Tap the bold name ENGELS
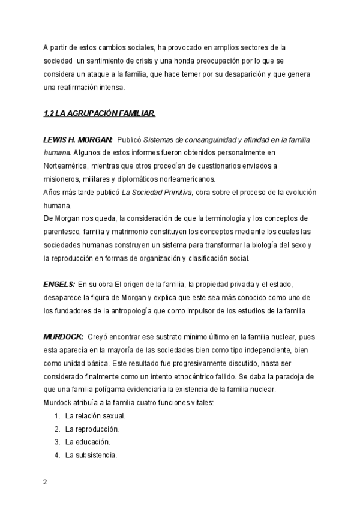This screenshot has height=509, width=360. pyautogui.click(x=59, y=284)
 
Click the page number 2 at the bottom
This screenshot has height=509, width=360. pyautogui.click(x=45, y=482)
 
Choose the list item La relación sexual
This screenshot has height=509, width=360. pyautogui.click(x=95, y=415)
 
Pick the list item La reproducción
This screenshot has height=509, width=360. pyautogui.click(x=92, y=429)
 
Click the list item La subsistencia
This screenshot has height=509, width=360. pyautogui.click(x=91, y=455)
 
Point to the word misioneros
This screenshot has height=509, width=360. pyautogui.click(x=62, y=179)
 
